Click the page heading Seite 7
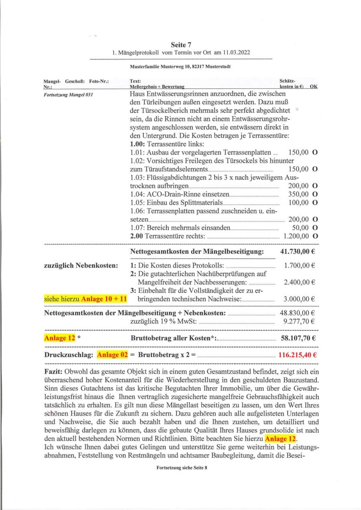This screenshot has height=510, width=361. (x=181, y=45)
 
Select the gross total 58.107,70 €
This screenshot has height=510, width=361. (x=298, y=337)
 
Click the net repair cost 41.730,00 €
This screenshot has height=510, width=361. (x=298, y=252)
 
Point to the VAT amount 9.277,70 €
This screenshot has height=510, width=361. (x=300, y=322)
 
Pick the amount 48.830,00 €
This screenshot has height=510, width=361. (x=298, y=313)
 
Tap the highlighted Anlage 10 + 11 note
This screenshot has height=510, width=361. (x=100, y=299)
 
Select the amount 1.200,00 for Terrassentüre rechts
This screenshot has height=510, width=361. (x=296, y=235)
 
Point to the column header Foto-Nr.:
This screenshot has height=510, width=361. (x=99, y=82)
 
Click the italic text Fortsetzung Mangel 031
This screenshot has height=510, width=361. (x=68, y=95)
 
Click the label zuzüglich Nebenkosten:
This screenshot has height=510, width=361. (x=80, y=266)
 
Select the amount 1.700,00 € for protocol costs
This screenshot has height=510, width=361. (x=299, y=266)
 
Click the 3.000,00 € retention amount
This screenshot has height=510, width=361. (x=299, y=299)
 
